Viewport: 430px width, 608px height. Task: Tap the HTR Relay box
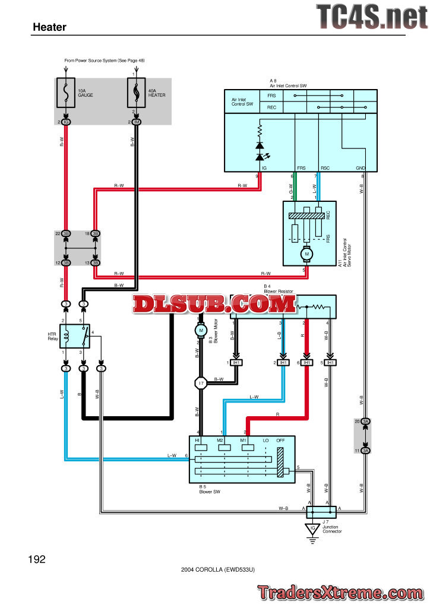78,336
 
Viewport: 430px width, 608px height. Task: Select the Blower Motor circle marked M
200,330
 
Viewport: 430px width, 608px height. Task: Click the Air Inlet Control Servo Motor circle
307,254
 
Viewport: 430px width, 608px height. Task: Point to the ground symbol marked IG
311,528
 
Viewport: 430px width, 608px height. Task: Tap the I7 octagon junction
201,384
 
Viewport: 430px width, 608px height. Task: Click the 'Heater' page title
49,27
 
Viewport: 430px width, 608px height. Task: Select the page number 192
36,559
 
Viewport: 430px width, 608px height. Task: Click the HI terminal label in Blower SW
198,440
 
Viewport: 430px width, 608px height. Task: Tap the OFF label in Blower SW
281,440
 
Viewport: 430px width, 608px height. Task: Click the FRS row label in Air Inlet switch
271,96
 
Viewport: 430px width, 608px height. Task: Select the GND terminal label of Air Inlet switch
360,168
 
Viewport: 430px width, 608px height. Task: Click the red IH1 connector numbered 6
306,362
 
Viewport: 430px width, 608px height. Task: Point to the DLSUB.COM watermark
214,305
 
